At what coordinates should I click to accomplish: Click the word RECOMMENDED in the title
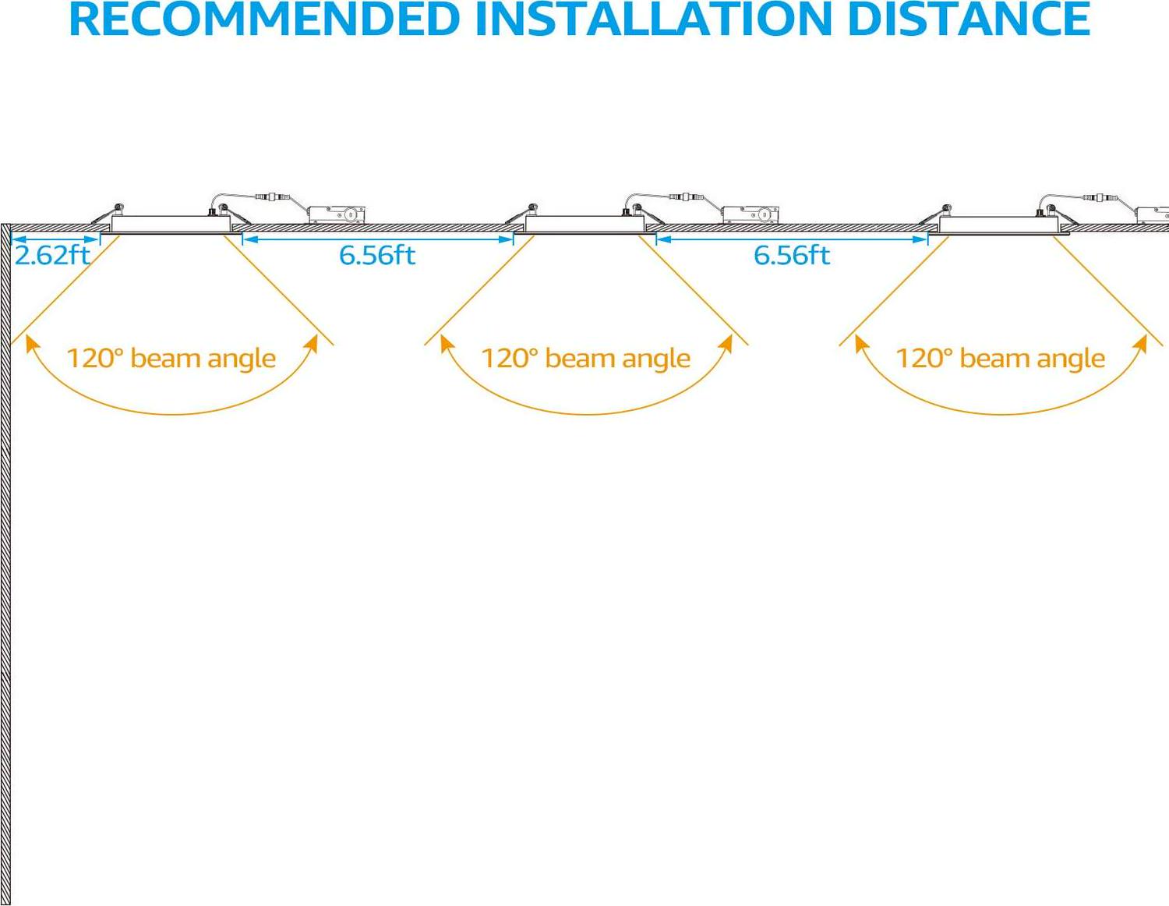point(264,19)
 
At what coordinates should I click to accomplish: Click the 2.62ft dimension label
point(52,255)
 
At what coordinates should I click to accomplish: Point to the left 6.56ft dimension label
point(377,255)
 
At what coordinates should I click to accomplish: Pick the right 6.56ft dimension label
point(792,255)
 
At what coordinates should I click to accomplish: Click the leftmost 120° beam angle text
point(171,358)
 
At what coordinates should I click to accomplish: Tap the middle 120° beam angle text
point(585,358)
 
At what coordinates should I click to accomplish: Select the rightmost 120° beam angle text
point(1000,358)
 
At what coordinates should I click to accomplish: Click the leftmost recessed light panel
point(171,224)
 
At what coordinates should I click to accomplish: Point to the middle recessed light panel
point(585,224)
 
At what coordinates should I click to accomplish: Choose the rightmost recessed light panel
point(1000,224)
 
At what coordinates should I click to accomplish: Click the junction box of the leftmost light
point(336,214)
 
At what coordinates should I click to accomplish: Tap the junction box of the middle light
point(750,214)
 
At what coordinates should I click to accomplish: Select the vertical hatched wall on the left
point(5,561)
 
